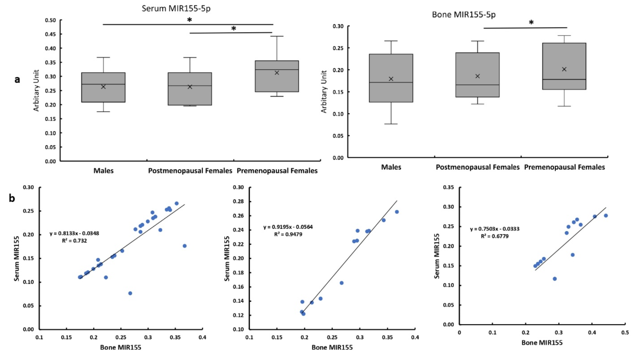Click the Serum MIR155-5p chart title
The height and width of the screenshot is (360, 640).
pyautogui.click(x=176, y=8)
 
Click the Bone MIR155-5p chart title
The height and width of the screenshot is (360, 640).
pyautogui.click(x=463, y=15)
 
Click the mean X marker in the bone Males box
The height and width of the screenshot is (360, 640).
pyautogui.click(x=391, y=79)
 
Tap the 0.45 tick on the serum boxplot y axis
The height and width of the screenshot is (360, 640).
pyautogui.click(x=50, y=34)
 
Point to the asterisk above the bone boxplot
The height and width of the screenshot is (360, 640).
pyautogui.click(x=531, y=23)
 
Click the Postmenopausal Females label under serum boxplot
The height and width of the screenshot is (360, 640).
pyautogui.click(x=190, y=171)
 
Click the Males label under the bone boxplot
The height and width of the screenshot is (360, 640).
pyautogui.click(x=391, y=167)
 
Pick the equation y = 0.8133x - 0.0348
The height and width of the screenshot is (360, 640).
pyautogui.click(x=74, y=234)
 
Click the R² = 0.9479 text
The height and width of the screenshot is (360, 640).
pyautogui.click(x=288, y=234)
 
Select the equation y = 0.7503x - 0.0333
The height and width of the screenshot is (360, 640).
pyautogui.click(x=494, y=229)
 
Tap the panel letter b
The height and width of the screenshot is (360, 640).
pyautogui.click(x=12, y=198)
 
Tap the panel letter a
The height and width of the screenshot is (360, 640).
pyautogui.click(x=17, y=80)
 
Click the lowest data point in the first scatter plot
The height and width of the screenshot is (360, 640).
pyautogui.click(x=130, y=293)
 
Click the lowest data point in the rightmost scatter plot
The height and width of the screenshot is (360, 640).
pyautogui.click(x=555, y=279)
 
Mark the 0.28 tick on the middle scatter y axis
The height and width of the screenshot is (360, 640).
pyautogui.click(x=238, y=201)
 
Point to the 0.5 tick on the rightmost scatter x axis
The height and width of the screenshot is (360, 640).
pyautogui.click(x=625, y=333)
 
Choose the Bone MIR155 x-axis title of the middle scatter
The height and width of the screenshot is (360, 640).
pyautogui.click(x=332, y=347)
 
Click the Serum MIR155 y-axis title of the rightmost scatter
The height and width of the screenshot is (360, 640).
pyautogui.click(x=437, y=256)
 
